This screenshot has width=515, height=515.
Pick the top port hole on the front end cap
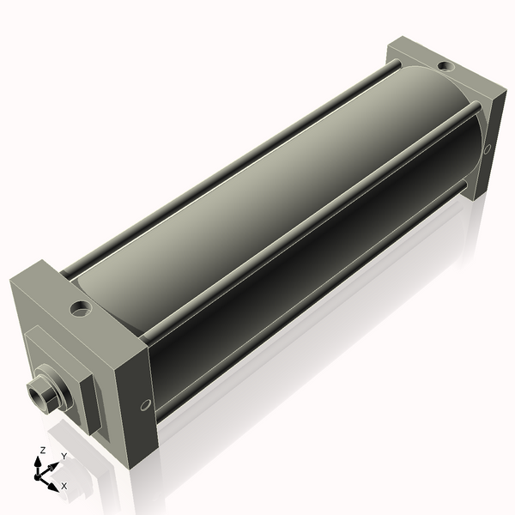pyautogui.click(x=81, y=306)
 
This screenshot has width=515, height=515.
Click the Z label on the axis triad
pyautogui.click(x=42, y=450)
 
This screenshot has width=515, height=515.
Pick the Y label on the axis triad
pyautogui.click(x=64, y=455)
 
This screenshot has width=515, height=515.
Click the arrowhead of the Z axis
pyautogui.click(x=41, y=459)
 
